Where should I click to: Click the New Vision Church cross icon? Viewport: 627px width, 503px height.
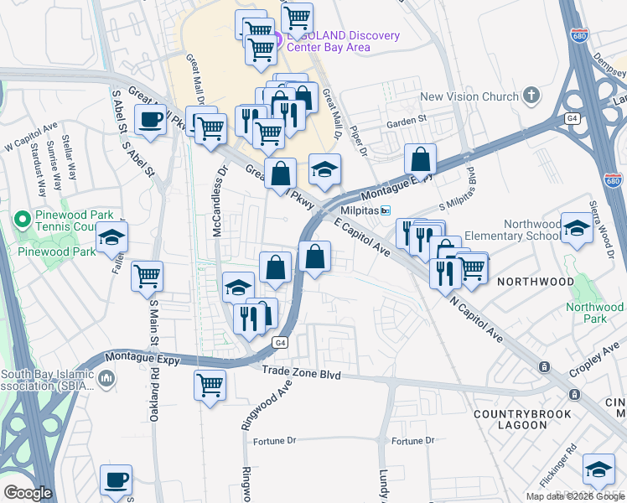click(x=531, y=96)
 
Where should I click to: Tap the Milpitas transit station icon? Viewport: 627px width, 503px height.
click(x=386, y=210)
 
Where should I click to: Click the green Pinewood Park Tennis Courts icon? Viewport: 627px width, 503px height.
click(x=23, y=220)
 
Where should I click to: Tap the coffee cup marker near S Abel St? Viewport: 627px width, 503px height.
click(x=150, y=120)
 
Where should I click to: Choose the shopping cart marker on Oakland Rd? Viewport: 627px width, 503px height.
click(x=148, y=274)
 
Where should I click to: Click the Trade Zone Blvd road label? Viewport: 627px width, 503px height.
click(x=301, y=374)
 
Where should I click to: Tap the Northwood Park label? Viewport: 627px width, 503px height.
click(x=595, y=313)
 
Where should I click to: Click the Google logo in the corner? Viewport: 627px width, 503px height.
click(x=28, y=492)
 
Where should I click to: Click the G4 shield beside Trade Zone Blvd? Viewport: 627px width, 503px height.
click(x=279, y=342)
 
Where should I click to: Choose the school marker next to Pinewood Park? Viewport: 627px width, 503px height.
click(x=111, y=237)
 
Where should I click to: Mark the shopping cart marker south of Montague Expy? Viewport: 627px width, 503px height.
click(x=210, y=386)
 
